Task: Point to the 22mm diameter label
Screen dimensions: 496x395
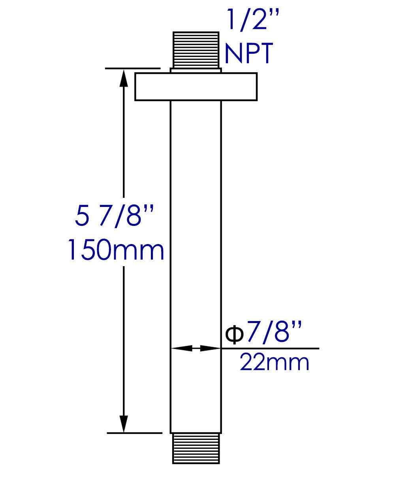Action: click(x=275, y=362)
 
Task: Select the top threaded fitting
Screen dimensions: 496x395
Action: click(x=196, y=50)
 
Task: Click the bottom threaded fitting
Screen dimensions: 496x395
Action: click(x=196, y=449)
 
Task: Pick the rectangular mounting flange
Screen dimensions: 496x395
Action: click(x=196, y=86)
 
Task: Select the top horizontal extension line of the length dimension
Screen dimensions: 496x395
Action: click(x=133, y=68)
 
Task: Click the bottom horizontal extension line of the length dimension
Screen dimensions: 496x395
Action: click(x=134, y=433)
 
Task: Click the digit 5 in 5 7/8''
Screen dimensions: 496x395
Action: click(x=81, y=216)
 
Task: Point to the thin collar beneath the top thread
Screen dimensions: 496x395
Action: click(x=196, y=70)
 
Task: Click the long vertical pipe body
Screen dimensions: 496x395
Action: click(x=196, y=237)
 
